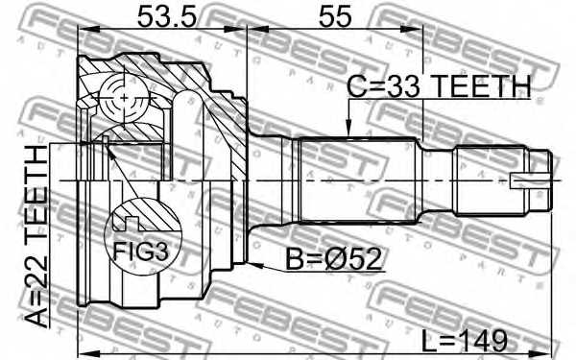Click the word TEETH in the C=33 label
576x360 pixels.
tap(477, 87)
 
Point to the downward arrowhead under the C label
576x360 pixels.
tap(349, 131)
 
